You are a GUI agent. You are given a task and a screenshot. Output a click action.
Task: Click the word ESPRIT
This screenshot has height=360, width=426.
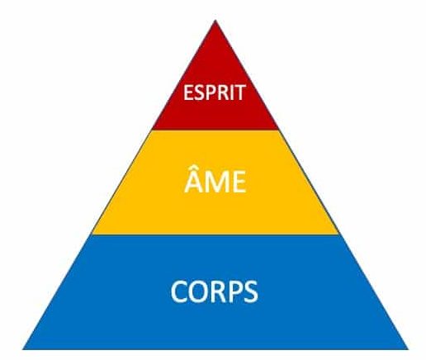(x=215, y=92)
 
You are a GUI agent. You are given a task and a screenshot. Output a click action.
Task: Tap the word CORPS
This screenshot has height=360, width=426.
(x=215, y=291)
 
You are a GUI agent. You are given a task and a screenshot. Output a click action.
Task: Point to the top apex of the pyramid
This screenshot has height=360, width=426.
(x=215, y=21)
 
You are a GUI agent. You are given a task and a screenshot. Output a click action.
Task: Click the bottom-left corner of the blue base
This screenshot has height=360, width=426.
(x=23, y=349)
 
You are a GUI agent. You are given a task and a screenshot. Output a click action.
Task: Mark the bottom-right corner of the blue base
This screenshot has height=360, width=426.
(x=408, y=349)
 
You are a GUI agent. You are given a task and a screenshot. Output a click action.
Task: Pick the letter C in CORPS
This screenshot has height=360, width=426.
(x=179, y=291)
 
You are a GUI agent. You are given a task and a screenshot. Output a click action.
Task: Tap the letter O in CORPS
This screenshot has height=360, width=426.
(x=199, y=291)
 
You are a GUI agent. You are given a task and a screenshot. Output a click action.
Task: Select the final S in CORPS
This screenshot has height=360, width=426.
(x=250, y=291)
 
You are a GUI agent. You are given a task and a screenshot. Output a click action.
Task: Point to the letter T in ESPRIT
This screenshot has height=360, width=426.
(x=239, y=92)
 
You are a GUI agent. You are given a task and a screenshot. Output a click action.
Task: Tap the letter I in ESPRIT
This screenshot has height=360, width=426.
(x=230, y=92)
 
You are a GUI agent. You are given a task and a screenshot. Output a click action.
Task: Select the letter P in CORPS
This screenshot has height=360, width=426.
(x=234, y=291)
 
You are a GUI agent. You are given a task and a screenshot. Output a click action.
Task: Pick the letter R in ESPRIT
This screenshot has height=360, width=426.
(x=221, y=92)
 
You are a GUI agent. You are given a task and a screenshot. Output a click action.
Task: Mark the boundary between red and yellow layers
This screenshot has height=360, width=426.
(x=215, y=130)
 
